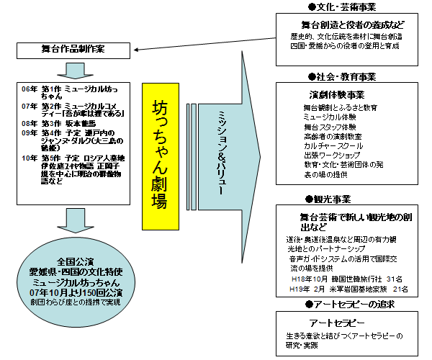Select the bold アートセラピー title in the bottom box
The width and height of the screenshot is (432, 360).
pos(336,323)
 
